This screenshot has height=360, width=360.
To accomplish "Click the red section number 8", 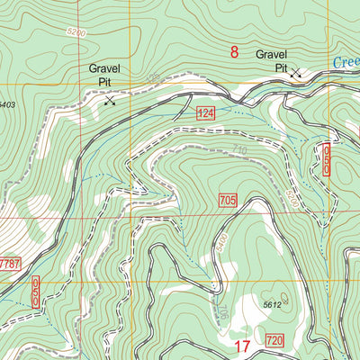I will point(234,52).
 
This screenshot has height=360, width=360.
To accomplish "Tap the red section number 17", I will point(241,346).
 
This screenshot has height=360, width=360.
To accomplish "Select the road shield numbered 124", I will point(206,111).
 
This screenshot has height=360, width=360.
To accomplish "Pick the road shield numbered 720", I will point(274,340).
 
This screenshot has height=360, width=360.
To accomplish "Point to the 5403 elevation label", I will point(9,104).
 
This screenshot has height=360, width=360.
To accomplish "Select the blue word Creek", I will point(345,60).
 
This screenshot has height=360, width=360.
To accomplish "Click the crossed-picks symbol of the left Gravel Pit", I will point(110,100).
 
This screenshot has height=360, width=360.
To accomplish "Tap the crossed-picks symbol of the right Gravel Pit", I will point(294,74).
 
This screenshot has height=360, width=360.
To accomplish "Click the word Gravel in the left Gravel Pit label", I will point(103,68).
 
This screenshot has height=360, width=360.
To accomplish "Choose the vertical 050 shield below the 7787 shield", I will point(36,291).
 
